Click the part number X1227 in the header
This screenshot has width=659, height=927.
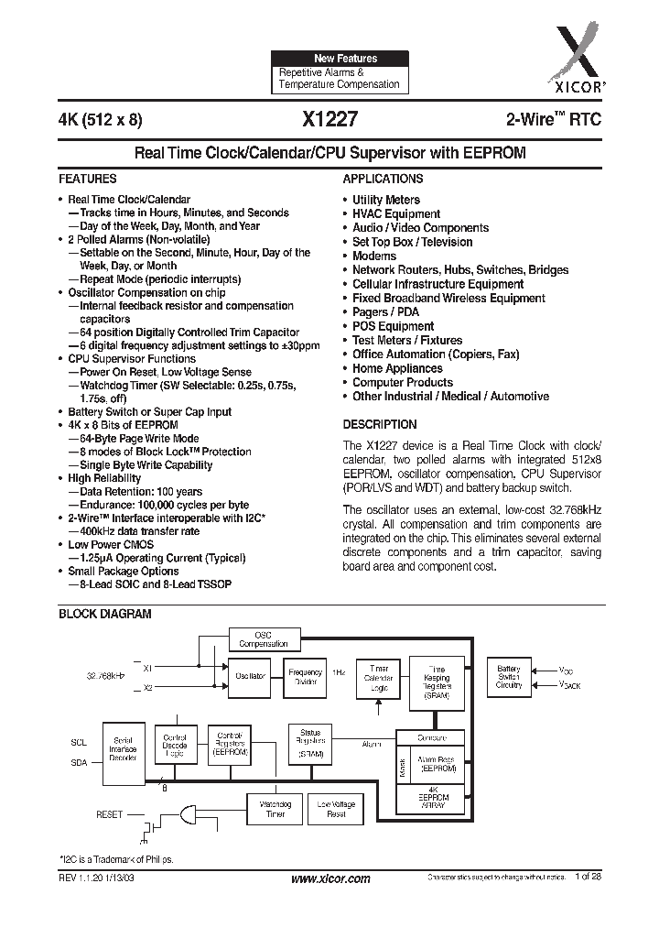click(325, 119)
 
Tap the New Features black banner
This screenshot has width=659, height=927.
click(339, 58)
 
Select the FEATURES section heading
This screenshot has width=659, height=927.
click(88, 180)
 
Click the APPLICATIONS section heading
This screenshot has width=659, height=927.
click(383, 180)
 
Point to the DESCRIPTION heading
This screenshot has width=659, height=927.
click(379, 425)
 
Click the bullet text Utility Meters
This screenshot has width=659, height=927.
click(386, 200)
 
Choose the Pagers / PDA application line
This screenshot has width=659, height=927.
click(386, 312)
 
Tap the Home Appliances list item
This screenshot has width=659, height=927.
click(397, 368)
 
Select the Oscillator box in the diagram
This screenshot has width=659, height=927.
click(250, 675)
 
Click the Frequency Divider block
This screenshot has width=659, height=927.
click(305, 676)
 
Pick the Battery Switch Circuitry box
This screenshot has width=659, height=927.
click(509, 677)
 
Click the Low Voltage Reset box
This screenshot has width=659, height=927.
click(336, 808)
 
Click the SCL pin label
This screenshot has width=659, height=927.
click(78, 741)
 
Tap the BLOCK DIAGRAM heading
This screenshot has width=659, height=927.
click(105, 614)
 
